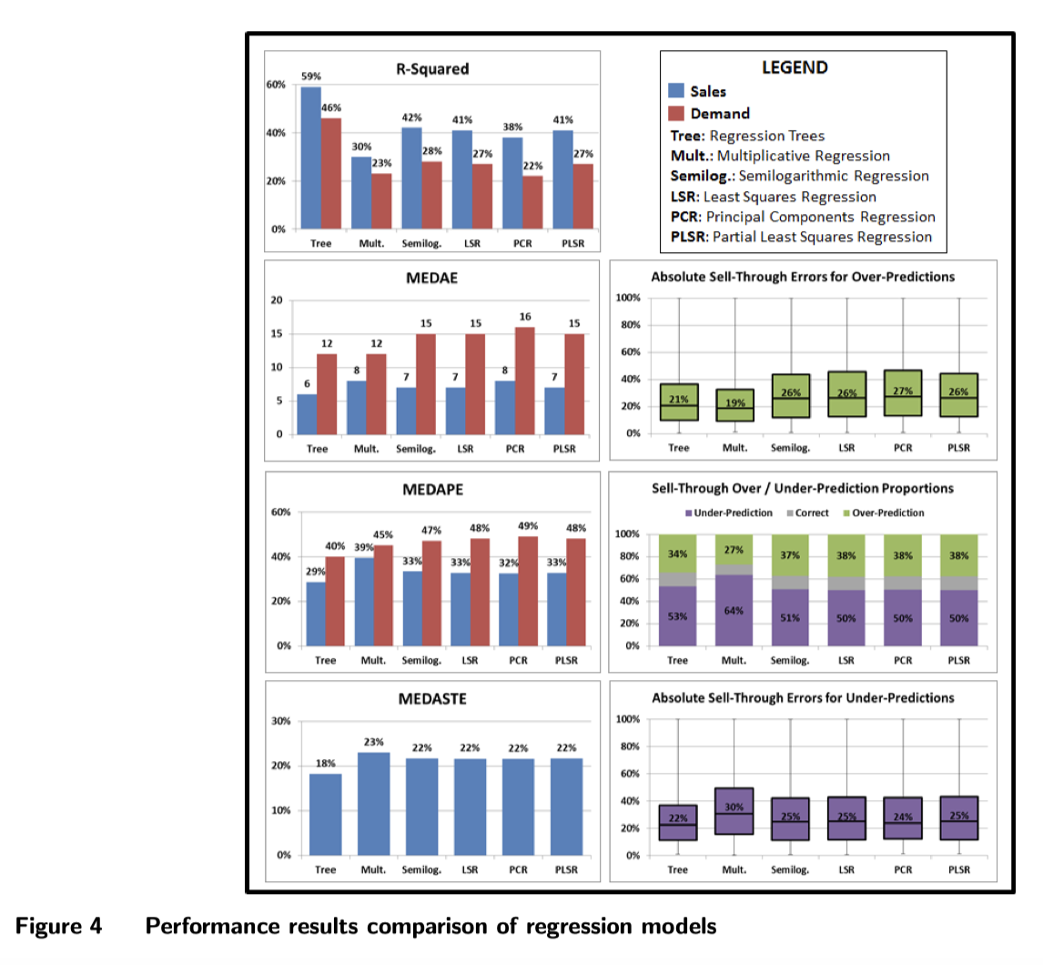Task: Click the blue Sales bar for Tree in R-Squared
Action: tap(310, 158)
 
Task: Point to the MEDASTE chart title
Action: tap(432, 700)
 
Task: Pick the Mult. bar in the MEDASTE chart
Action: tap(375, 804)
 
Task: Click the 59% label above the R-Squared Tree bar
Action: tap(310, 78)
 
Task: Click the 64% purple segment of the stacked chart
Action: tap(734, 610)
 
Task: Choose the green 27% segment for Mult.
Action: tap(734, 549)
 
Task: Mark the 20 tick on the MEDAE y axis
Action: tap(279, 300)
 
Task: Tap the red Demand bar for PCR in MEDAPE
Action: tap(527, 591)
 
